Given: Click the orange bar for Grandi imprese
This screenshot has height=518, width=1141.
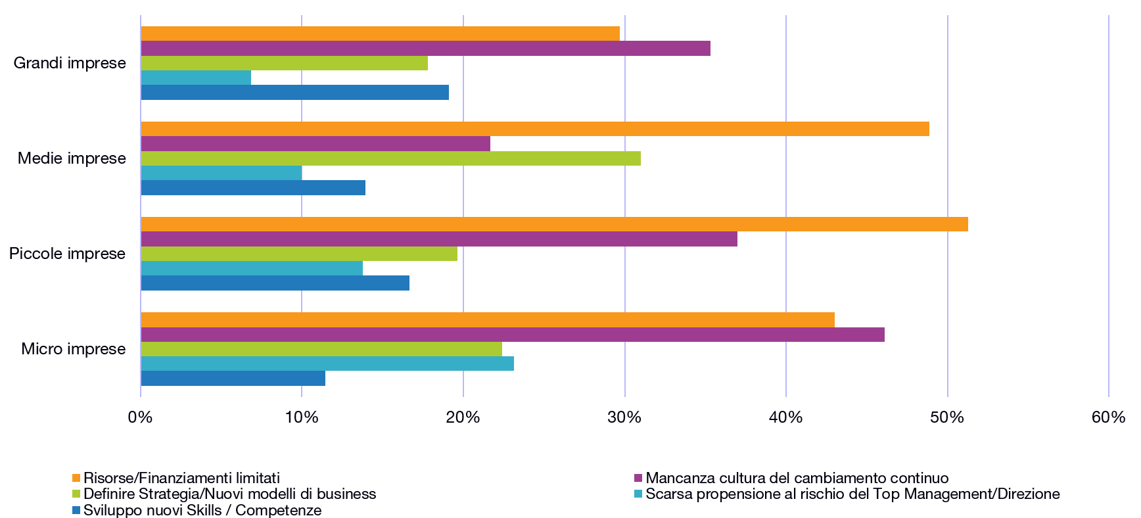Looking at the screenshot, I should point(380,34).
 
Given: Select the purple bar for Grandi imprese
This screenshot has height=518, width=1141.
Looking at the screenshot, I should point(425,49).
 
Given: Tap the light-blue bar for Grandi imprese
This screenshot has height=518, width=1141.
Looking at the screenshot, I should point(196,78).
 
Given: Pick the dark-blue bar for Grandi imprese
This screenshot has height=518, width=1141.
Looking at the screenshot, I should point(294,93).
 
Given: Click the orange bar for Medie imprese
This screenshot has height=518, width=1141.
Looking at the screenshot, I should point(534,129).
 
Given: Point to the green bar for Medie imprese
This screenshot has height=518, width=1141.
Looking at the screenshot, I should point(390,158).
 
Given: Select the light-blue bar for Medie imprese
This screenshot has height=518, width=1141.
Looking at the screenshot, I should point(221,173).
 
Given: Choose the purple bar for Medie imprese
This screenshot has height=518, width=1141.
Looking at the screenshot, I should point(315,144).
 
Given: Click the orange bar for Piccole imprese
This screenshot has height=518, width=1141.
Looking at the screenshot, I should point(554,224).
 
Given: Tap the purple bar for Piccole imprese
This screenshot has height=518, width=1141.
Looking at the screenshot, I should point(439,239).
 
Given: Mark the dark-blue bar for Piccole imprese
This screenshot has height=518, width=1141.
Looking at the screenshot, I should point(275,283).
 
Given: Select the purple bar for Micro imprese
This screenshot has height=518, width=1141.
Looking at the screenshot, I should point(513,335).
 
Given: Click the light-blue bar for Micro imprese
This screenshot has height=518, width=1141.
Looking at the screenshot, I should point(327,364).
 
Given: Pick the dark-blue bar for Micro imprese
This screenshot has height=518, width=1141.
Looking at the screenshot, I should point(233,379).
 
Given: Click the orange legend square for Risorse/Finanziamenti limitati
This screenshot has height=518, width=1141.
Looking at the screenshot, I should point(76,478).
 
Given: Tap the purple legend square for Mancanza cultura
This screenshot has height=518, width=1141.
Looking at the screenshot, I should point(638,478).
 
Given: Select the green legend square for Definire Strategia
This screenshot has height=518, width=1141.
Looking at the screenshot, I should point(76,494).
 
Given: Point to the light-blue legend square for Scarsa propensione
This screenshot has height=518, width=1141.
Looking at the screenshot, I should point(638,494).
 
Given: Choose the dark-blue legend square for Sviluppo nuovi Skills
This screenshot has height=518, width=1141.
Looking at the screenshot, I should point(76,510).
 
